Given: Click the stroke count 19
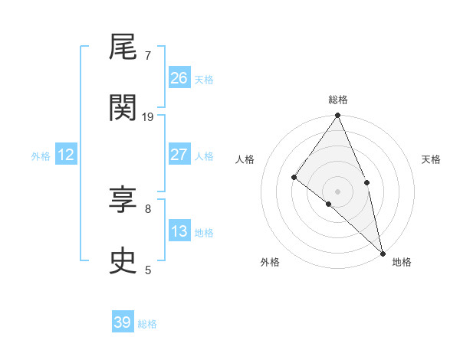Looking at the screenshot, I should click(x=148, y=116).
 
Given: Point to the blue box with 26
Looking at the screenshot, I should click(x=179, y=77).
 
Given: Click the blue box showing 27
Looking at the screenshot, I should click(x=179, y=154).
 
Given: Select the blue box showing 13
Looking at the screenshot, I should click(x=179, y=231).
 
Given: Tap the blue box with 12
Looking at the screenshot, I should click(x=66, y=155).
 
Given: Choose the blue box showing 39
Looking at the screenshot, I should click(x=123, y=322).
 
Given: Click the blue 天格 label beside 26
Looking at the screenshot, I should click(x=204, y=79).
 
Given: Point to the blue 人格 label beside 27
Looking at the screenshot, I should click(x=204, y=155).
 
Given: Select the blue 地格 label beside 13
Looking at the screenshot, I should click(x=204, y=232).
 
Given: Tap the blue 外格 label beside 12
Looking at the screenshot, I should click(x=41, y=156).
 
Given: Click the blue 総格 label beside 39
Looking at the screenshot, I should click(x=147, y=324).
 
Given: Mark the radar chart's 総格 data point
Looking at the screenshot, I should click(x=337, y=116).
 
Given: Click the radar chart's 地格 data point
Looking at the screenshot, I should click(x=383, y=253).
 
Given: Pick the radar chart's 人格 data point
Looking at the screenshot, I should click(x=294, y=177).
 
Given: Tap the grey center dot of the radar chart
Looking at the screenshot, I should click(x=337, y=191).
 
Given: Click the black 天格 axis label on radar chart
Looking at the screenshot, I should click(x=431, y=159).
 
